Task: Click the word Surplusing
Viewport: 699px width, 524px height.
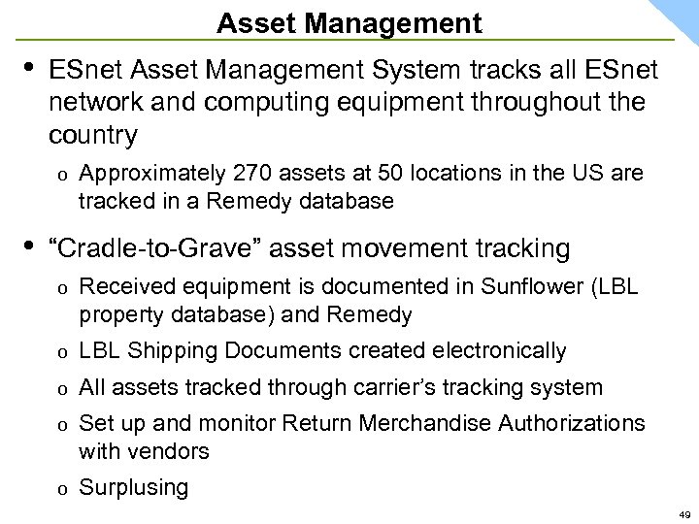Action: click(134, 487)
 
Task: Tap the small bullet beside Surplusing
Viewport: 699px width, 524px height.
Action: click(60, 488)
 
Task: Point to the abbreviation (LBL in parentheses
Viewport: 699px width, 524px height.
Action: click(609, 288)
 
